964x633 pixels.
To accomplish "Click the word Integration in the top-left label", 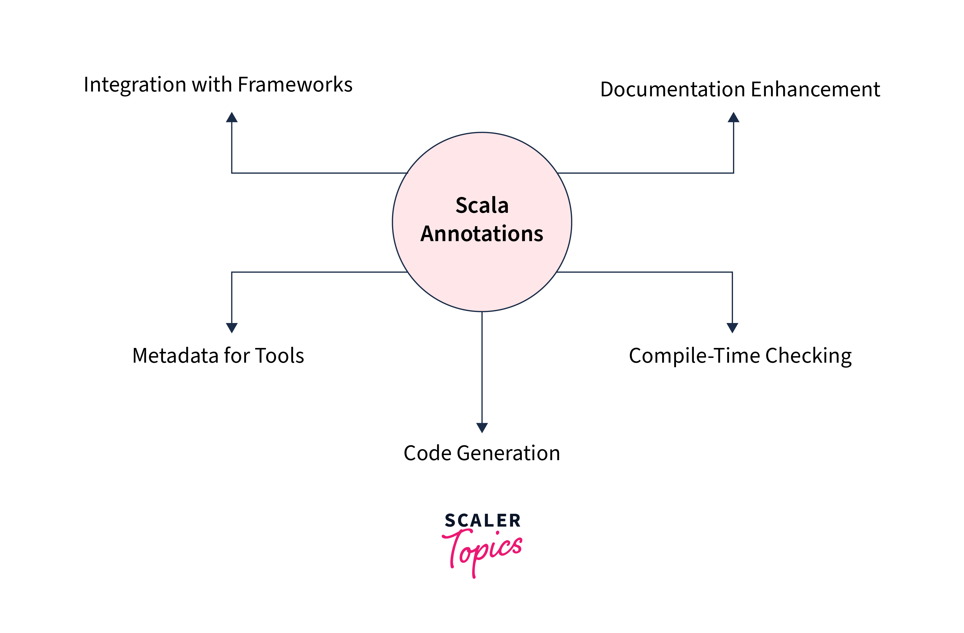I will click(135, 85).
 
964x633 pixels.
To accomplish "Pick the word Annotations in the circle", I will click(482, 234).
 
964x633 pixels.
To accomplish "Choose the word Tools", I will click(279, 356).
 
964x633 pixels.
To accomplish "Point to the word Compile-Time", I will click(694, 356).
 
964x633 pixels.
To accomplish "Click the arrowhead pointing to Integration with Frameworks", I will click(232, 117).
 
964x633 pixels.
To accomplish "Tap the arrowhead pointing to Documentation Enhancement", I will click(734, 117).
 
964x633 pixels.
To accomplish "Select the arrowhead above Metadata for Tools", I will click(232, 328).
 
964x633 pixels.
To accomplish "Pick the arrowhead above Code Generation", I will click(482, 428).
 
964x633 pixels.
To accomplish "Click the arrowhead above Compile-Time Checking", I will click(732, 328).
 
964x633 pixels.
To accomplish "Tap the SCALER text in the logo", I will click(482, 521).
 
